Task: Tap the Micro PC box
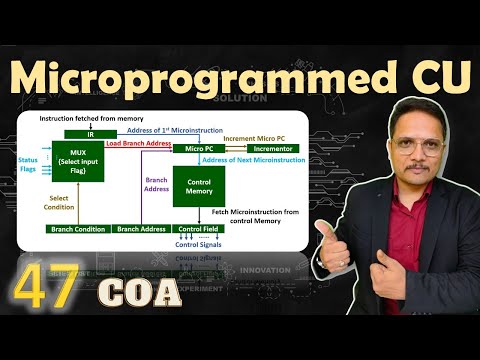click(197, 148)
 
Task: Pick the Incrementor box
click(271, 148)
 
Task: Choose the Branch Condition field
click(77, 229)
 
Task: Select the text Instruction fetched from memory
click(84, 119)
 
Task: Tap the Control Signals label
click(198, 245)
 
